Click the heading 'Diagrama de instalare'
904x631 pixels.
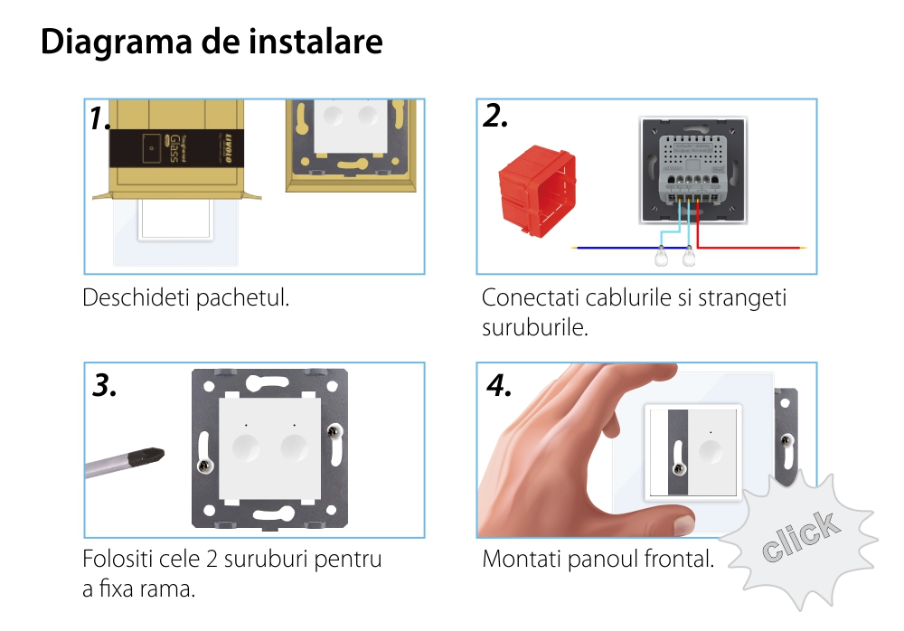(212, 42)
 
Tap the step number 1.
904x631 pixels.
(99, 118)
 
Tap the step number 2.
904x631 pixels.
(495, 116)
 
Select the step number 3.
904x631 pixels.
(105, 386)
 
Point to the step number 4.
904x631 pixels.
(499, 386)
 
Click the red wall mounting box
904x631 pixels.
(537, 191)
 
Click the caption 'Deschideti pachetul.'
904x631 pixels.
(186, 297)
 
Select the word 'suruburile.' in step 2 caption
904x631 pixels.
(535, 326)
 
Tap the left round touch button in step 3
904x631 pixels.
(246, 447)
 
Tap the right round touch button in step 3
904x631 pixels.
(295, 447)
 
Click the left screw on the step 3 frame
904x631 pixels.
(204, 466)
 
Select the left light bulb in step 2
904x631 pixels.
(663, 258)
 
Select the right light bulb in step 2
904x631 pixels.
(691, 258)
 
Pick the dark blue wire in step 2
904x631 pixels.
(615, 246)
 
